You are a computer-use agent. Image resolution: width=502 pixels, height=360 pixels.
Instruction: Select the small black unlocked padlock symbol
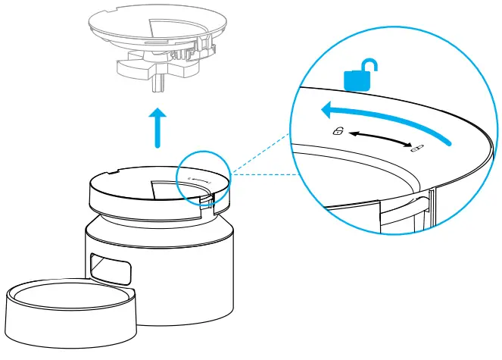coord(338,131)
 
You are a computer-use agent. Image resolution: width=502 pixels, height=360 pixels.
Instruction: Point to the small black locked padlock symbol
coord(416,147)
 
